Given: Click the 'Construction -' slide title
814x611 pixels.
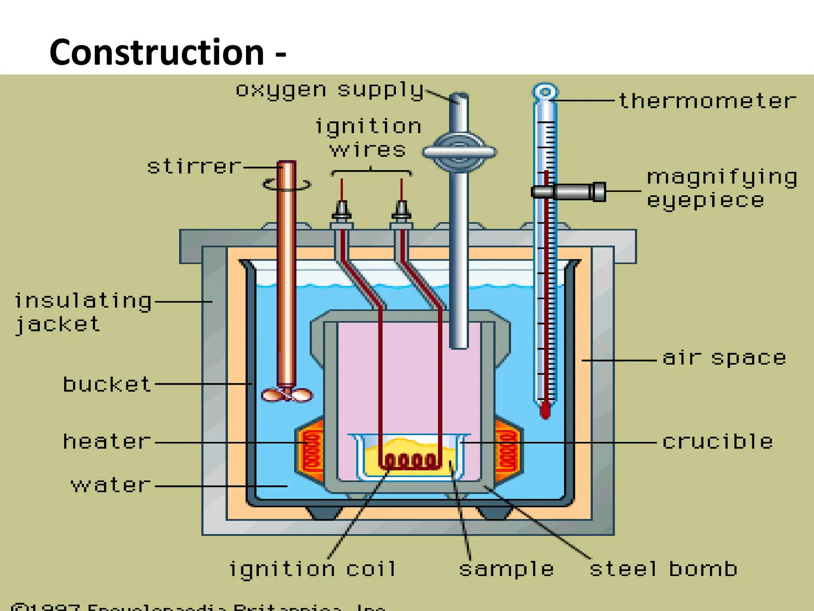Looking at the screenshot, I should pyautogui.click(x=167, y=53).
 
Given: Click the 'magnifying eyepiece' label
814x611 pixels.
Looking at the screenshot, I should pyautogui.click(x=721, y=189).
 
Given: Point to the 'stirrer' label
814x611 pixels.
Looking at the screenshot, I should pyautogui.click(x=194, y=167).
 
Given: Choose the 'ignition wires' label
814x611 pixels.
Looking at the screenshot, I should pyautogui.click(x=368, y=138).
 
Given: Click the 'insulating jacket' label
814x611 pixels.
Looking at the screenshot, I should pyautogui.click(x=83, y=312).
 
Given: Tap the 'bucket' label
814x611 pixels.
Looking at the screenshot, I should pyautogui.click(x=107, y=385).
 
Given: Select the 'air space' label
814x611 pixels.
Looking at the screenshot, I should pyautogui.click(x=724, y=358).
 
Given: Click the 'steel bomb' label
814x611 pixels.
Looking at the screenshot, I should pyautogui.click(x=663, y=569).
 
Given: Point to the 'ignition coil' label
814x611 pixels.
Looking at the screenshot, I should pyautogui.click(x=313, y=569).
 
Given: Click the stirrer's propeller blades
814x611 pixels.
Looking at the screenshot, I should pyautogui.click(x=287, y=395).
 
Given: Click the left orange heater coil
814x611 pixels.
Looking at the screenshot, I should pyautogui.click(x=312, y=451).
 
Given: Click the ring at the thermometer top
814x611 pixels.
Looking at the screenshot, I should pyautogui.click(x=545, y=92).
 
